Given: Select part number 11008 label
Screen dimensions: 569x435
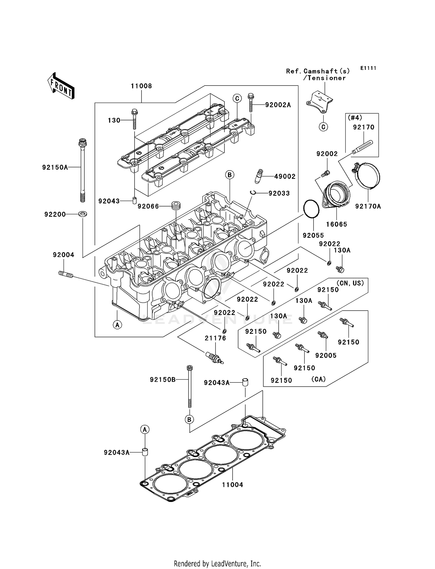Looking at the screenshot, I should [141, 86].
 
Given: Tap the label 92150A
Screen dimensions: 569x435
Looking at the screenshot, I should [55, 167].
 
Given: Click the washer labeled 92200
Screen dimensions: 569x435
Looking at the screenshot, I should [83, 214].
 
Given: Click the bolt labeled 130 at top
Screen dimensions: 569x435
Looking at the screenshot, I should [135, 119].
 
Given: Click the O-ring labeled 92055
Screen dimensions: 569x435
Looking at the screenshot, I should [311, 209].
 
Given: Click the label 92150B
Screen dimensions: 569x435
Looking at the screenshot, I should [163, 379].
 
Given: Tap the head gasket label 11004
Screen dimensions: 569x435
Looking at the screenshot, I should [233, 485].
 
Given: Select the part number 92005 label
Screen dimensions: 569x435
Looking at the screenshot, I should [326, 356].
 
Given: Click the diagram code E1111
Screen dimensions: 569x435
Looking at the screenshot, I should [368, 68].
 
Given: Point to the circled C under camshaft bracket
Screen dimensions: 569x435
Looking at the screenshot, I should [323, 127].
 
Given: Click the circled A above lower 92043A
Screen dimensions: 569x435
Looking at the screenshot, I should [145, 429].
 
